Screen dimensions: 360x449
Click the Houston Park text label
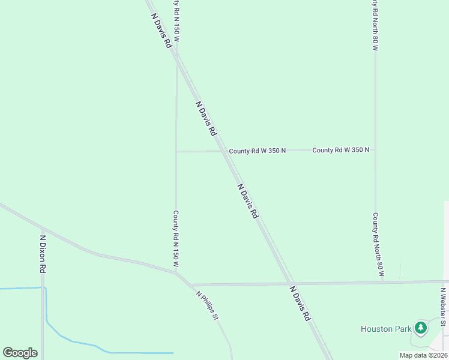pyautogui.click(x=386, y=328)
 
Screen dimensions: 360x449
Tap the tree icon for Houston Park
pyautogui.click(x=421, y=328)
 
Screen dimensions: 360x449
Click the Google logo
pyautogui.click(x=20, y=353)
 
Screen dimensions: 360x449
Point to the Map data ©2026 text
pyautogui.click(x=424, y=355)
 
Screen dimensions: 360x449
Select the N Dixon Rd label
pyautogui.click(x=43, y=254)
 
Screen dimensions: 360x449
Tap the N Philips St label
pyautogui.click(x=206, y=305)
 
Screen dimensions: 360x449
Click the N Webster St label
pyautogui.click(x=443, y=307)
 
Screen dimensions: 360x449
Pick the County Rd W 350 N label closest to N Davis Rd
pyautogui.click(x=257, y=151)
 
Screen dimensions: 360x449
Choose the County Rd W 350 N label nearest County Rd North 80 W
pyautogui.click(x=340, y=150)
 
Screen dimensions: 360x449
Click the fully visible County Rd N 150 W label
pyautogui.click(x=176, y=239)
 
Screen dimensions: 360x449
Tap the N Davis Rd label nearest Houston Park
pyautogui.click(x=300, y=304)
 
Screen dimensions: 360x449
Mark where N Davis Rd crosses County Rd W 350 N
pyautogui.click(x=224, y=151)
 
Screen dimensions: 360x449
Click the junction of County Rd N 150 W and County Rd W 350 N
pyautogui.click(x=176, y=152)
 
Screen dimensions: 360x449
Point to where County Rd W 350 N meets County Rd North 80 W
pyautogui.click(x=376, y=150)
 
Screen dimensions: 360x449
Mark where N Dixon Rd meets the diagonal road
pyautogui.click(x=43, y=229)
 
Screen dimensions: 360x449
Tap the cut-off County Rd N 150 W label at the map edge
pyautogui.click(x=176, y=20)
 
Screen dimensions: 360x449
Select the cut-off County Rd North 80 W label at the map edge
pyautogui.click(x=375, y=24)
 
